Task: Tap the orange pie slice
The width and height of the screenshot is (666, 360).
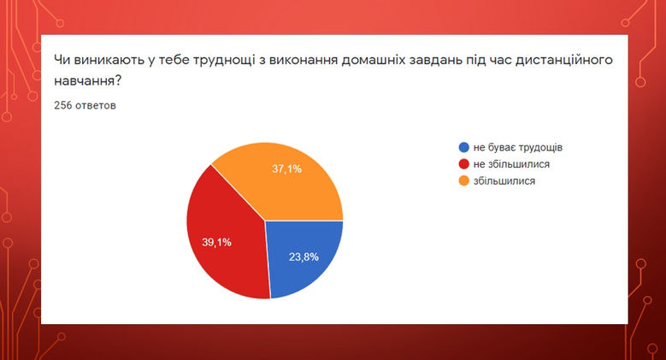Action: [x=282, y=180]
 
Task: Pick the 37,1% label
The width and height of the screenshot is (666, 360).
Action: [x=287, y=169]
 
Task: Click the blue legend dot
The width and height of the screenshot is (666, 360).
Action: [x=463, y=147]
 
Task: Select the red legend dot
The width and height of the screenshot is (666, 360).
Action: [x=463, y=163]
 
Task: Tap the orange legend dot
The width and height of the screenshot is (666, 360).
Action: [x=463, y=180]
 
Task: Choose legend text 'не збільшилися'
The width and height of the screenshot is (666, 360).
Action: [x=510, y=163]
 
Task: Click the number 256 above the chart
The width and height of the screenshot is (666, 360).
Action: [x=62, y=106]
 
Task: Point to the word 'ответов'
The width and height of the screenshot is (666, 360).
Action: [x=97, y=106]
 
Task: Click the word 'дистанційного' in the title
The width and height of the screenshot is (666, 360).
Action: [x=566, y=60]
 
